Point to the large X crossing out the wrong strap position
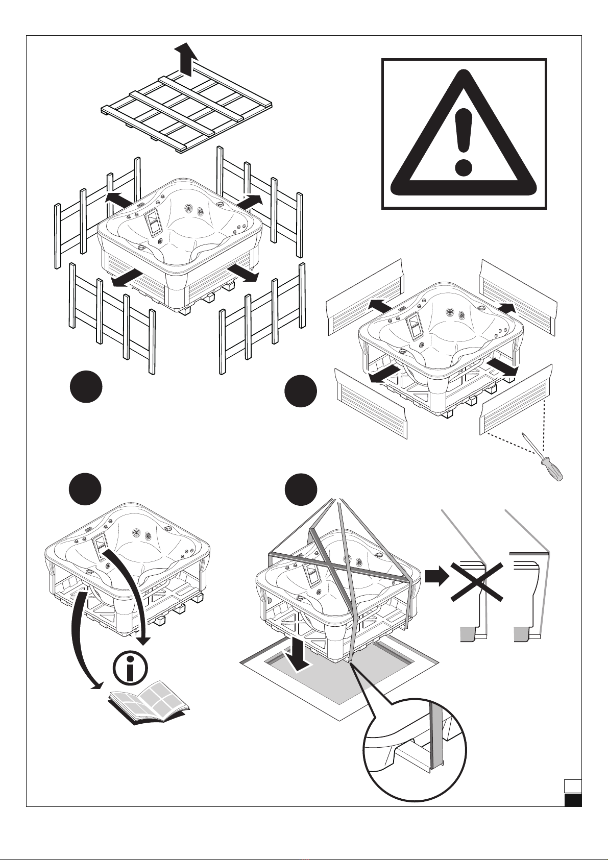(x=477, y=582)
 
